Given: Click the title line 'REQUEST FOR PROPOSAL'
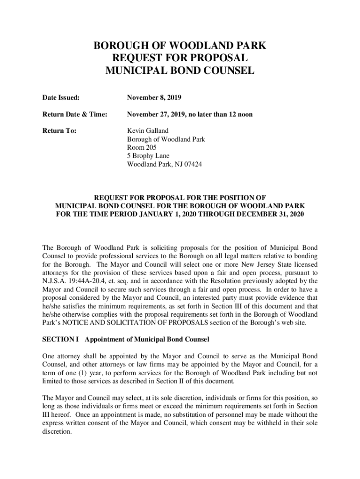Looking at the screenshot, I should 180,58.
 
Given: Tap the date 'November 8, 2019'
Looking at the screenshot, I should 154,98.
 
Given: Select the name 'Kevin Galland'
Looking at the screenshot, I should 148,131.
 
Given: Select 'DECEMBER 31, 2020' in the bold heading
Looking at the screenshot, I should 271,214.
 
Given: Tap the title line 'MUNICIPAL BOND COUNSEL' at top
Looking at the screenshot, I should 180,71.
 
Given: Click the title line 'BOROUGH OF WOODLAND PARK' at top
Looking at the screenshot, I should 180,46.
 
